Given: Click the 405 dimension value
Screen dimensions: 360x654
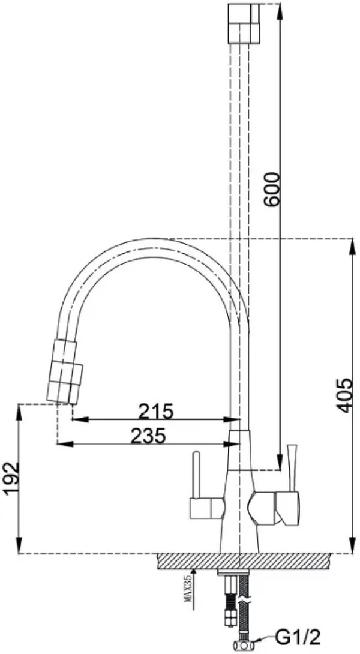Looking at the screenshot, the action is click(344, 396).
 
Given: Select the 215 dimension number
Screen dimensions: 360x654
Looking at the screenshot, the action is click(155, 412).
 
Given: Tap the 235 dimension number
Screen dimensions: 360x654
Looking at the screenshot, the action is click(149, 436).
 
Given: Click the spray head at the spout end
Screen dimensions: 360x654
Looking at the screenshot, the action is click(65, 371).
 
